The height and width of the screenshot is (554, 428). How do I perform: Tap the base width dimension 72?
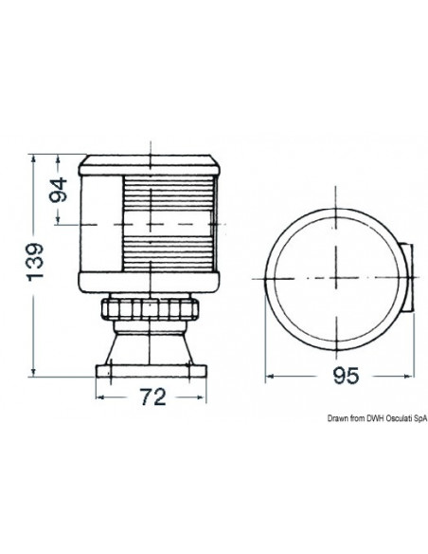point(153,398)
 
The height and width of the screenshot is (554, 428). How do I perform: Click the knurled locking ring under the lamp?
point(152,310)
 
